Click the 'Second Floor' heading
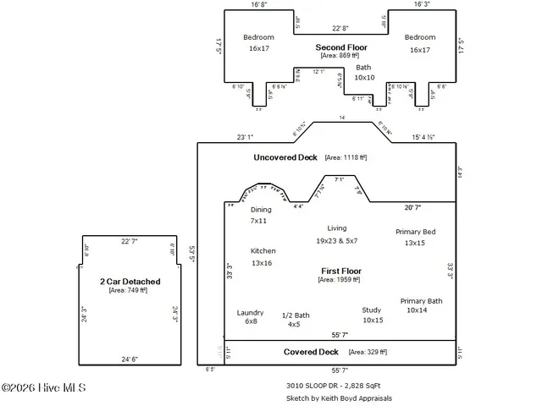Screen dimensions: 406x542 340,47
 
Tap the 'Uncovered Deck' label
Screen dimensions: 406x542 285,157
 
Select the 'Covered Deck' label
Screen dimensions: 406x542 311,352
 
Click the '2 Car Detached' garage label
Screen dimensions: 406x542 130,282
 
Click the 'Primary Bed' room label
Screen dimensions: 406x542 416,232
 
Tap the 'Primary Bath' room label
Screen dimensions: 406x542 421,301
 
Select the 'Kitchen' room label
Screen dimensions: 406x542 263,251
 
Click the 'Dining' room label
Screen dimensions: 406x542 261,210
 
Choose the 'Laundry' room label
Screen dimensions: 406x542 251,312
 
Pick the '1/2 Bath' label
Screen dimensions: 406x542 296,315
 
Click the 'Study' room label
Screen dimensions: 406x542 372,310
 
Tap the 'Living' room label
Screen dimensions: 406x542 337,228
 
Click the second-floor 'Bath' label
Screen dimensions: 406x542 363,68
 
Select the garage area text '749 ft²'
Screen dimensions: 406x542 129,291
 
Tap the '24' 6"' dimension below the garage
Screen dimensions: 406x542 129,359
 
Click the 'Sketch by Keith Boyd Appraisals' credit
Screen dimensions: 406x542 339,398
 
